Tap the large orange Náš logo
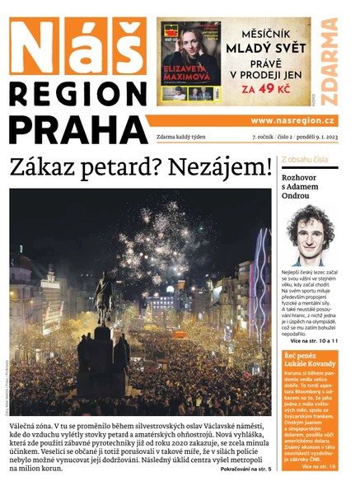tap(76, 44)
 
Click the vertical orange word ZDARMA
tap(329, 62)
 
